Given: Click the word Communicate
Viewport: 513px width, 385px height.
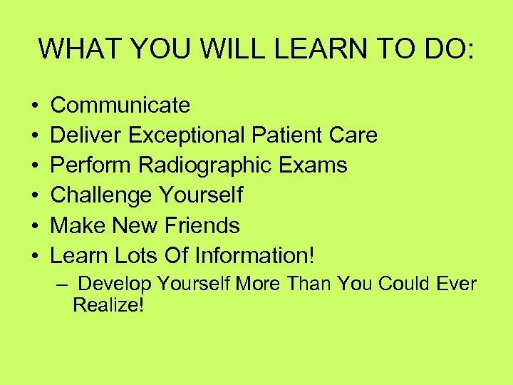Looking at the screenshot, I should click(x=120, y=106).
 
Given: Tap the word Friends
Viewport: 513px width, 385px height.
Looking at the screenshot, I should click(x=202, y=225).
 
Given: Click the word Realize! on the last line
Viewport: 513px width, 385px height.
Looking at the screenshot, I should click(x=108, y=305).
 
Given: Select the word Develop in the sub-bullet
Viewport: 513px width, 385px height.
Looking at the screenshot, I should click(x=115, y=284).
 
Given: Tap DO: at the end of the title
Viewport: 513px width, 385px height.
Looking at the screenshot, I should click(x=452, y=49).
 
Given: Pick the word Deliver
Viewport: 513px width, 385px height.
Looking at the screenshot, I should click(x=81, y=135).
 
